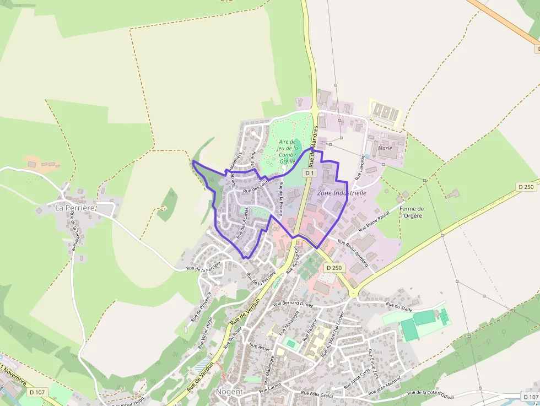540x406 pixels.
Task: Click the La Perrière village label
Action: point(75,208)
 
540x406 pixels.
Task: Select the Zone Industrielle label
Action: point(342,193)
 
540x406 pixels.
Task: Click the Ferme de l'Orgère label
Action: point(412,212)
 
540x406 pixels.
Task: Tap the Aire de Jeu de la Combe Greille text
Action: point(288,151)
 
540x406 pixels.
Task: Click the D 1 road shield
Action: point(310,173)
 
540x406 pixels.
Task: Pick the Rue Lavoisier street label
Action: point(360,167)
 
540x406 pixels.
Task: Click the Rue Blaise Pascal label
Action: point(374,219)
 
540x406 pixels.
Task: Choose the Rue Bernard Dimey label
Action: point(293,303)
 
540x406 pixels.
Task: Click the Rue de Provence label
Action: point(201,310)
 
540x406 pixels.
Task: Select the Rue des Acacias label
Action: point(242,223)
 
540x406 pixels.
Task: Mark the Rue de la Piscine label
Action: point(280,198)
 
